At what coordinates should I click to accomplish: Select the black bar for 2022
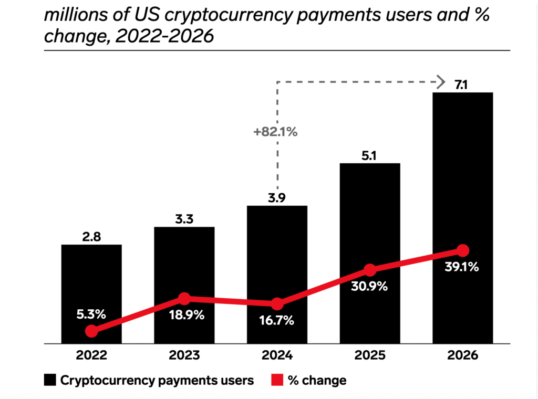[x=91, y=283]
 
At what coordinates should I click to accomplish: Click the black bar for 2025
[x=370, y=220]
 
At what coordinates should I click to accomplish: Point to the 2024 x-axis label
[x=277, y=355]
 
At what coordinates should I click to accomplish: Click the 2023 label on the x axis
[x=184, y=355]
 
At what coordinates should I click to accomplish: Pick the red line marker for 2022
[x=91, y=331]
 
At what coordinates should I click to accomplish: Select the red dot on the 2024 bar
[x=277, y=304]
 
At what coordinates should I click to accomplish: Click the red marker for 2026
[x=462, y=250]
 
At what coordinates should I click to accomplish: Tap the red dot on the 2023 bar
[x=184, y=299]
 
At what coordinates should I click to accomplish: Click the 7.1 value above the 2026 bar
[x=462, y=83]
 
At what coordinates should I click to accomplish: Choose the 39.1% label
[x=462, y=267]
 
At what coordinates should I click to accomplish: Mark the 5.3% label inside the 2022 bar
[x=91, y=314]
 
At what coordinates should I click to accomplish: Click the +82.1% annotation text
[x=275, y=132]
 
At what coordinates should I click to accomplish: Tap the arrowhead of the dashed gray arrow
[x=437, y=81]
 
